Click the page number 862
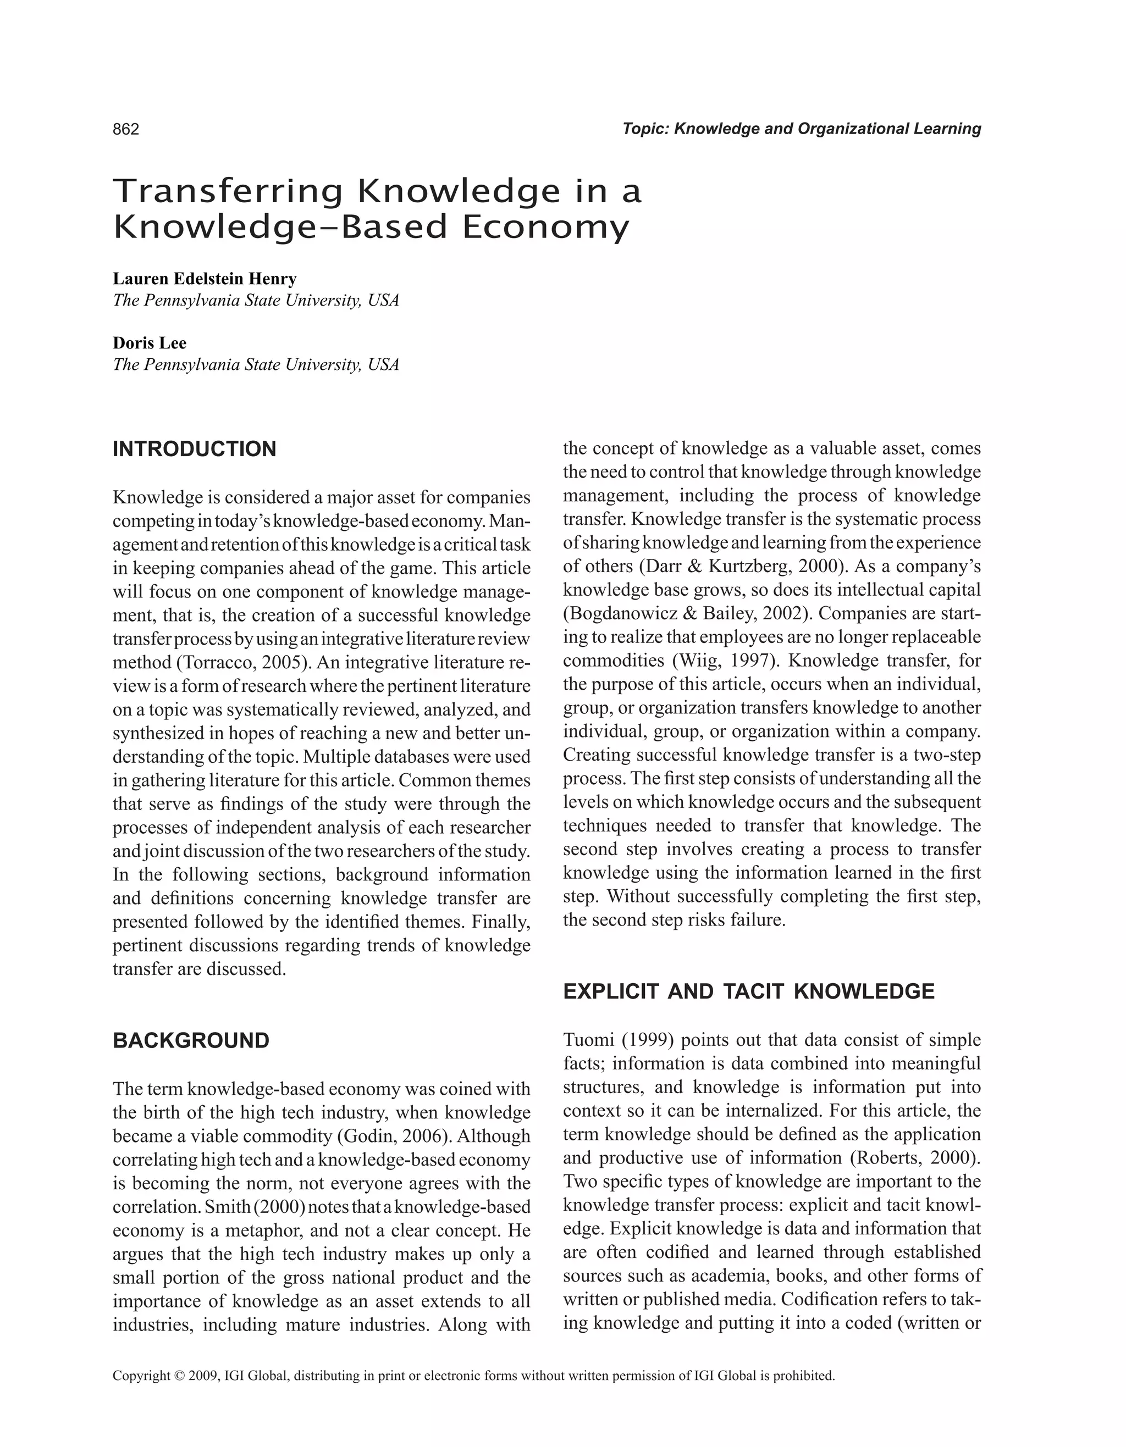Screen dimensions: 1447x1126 [126, 129]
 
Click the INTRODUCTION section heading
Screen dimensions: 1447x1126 [194, 449]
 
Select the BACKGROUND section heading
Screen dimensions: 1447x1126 [191, 1041]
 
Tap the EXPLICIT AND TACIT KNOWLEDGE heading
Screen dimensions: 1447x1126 [748, 991]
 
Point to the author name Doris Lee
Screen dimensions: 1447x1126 [149, 343]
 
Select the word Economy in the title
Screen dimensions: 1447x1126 [544, 228]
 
